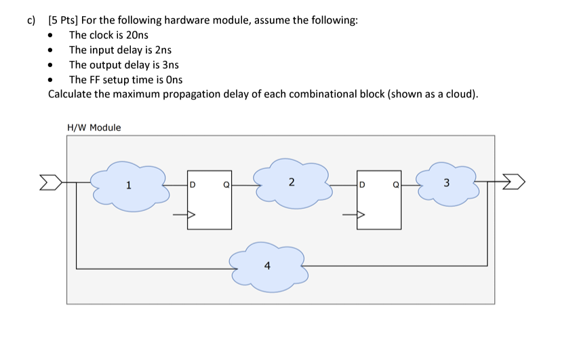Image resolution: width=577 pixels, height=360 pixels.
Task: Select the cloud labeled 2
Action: pos(292,182)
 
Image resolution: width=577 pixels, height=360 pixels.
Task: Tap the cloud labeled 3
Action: pos(446,182)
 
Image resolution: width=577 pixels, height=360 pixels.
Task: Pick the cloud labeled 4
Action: pos(267,266)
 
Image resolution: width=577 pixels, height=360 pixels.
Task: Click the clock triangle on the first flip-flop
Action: pos(191,216)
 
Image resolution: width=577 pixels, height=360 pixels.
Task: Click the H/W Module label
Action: pos(94,127)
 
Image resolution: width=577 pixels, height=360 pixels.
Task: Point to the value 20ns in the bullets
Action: pos(136,35)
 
